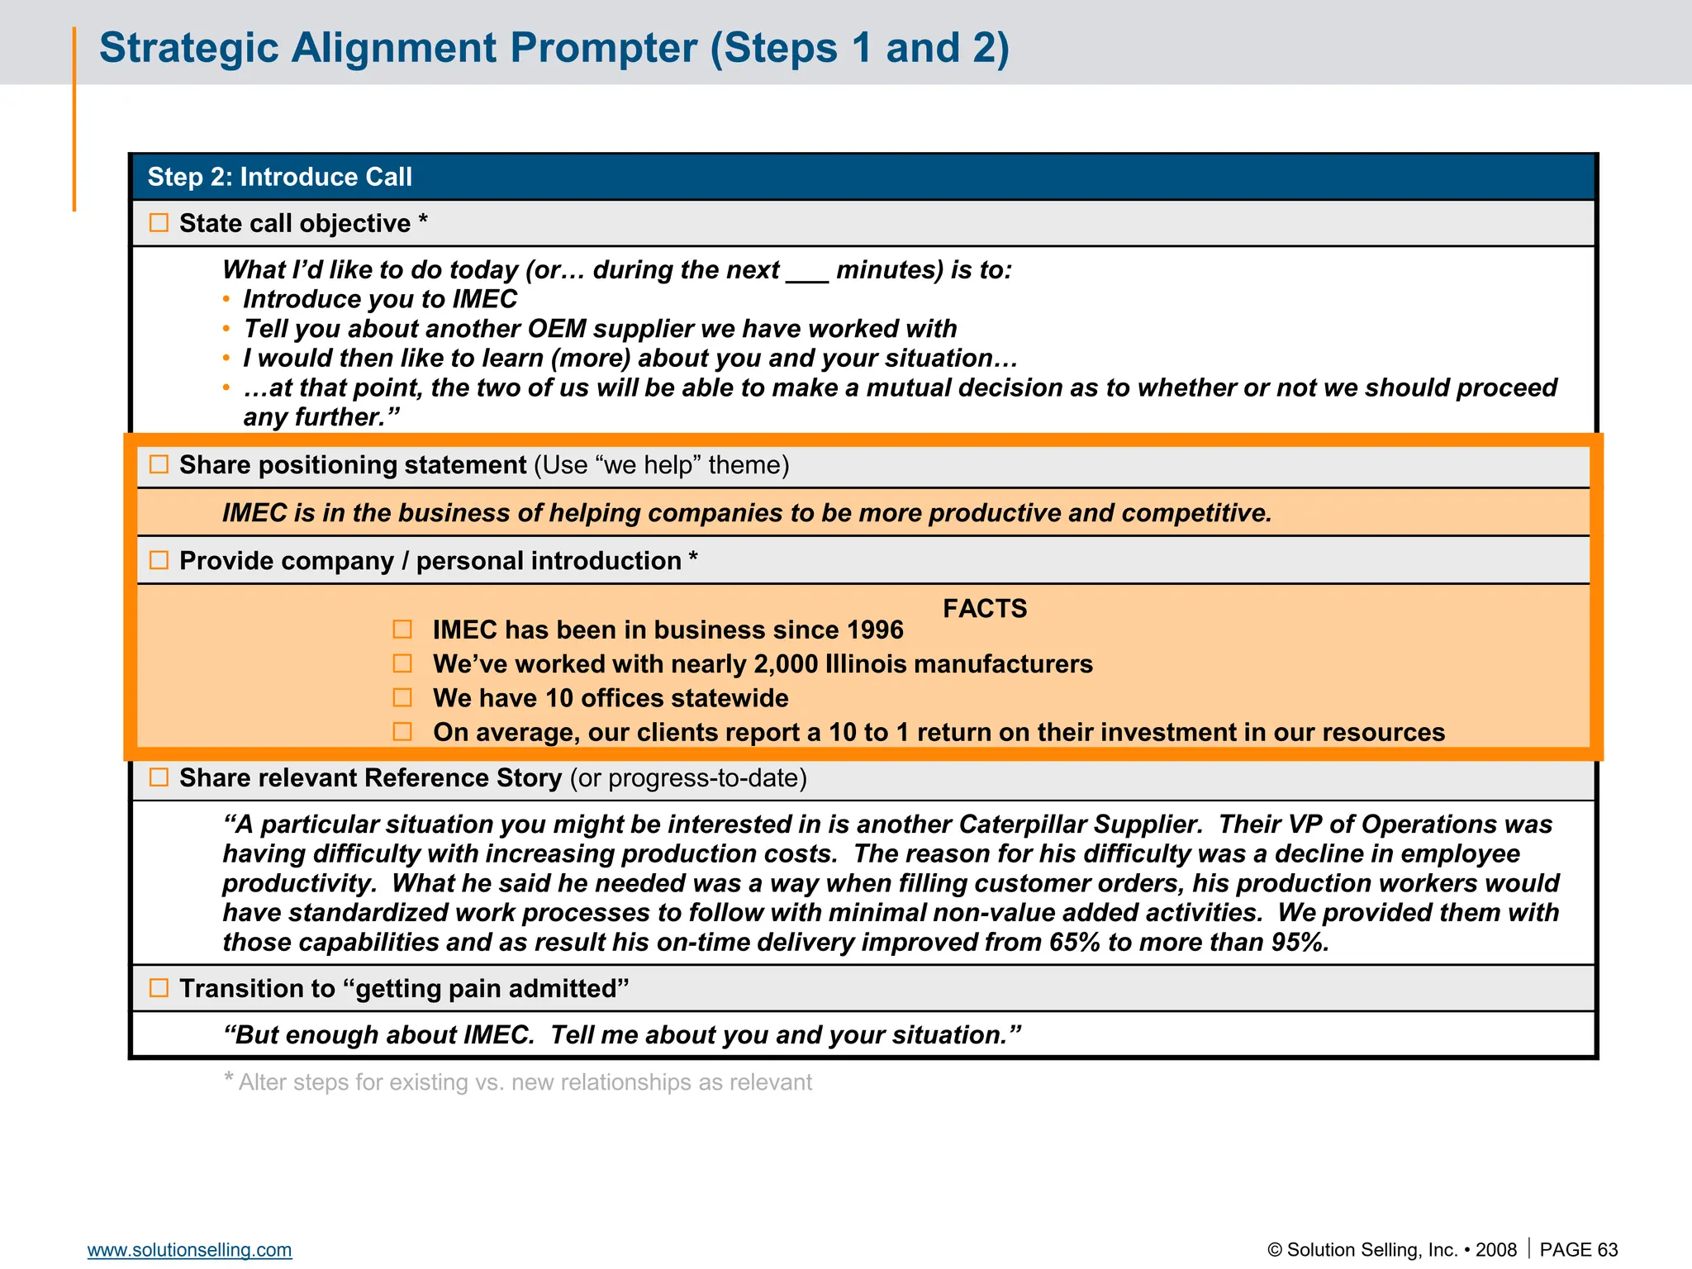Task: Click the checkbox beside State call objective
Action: click(159, 223)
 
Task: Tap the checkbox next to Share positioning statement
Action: click(159, 464)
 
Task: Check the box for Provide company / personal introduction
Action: click(159, 560)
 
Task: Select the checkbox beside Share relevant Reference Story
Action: click(159, 777)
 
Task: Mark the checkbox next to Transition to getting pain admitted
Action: click(159, 988)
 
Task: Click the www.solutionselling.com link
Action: click(189, 1250)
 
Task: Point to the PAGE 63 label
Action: click(1578, 1250)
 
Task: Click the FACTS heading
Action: click(985, 609)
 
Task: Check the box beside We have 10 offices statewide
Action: click(402, 698)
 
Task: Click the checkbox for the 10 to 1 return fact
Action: click(402, 732)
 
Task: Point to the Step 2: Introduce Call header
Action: click(279, 177)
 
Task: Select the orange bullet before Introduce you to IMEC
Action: click(226, 299)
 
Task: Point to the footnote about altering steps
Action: click(519, 1082)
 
